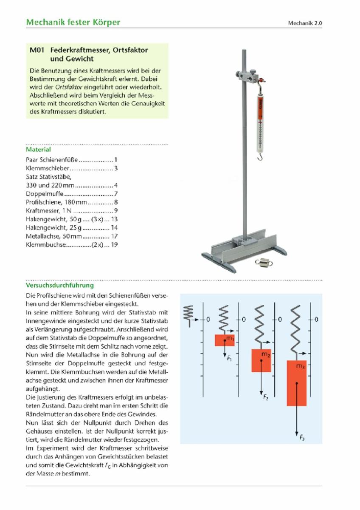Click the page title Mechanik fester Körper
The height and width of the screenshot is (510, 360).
point(73,22)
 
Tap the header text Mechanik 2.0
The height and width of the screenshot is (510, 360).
point(305,23)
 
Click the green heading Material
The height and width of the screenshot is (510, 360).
point(38,150)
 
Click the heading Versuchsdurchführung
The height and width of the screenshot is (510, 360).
point(59,286)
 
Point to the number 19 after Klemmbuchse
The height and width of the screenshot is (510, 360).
point(114,245)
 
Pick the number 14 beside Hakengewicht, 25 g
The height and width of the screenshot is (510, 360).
point(114,228)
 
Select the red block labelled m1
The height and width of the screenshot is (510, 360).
point(225,340)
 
